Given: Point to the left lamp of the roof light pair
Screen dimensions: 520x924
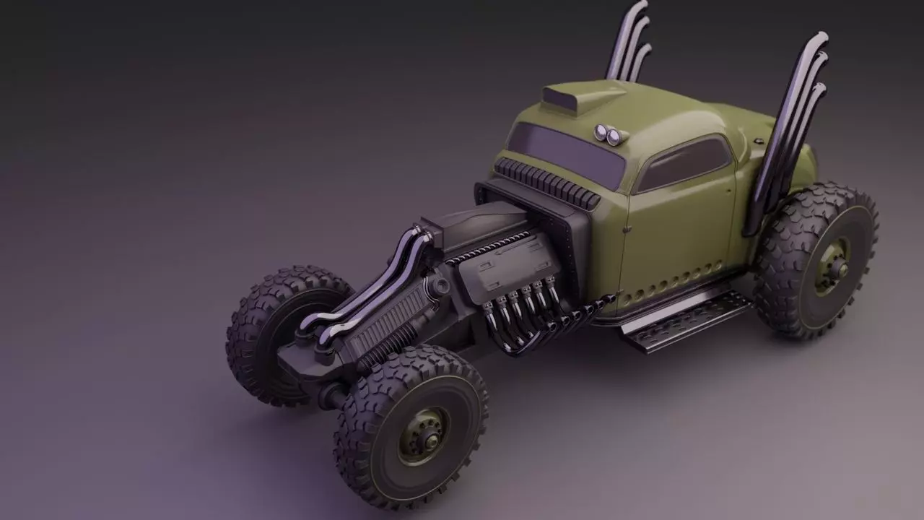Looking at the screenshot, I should point(601,131).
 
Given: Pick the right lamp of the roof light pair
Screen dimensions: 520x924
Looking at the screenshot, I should point(614,137).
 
